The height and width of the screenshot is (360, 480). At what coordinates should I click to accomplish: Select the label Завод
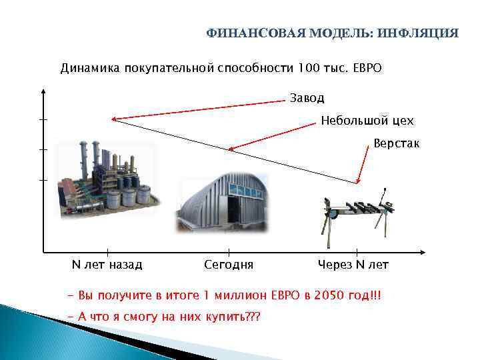(x=307, y=98)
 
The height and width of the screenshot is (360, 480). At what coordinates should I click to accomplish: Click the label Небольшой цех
(x=367, y=121)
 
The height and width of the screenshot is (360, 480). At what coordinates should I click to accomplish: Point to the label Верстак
(x=396, y=143)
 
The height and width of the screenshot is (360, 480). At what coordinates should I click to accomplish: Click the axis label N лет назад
(x=107, y=265)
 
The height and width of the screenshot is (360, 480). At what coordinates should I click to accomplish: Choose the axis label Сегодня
(x=229, y=265)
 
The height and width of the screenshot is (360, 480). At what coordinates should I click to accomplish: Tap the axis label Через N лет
(x=353, y=265)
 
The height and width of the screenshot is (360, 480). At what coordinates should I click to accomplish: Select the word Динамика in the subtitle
(x=87, y=68)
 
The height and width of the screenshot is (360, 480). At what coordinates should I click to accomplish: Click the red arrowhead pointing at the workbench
(x=359, y=180)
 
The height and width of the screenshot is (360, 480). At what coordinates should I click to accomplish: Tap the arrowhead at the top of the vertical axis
(x=43, y=92)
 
